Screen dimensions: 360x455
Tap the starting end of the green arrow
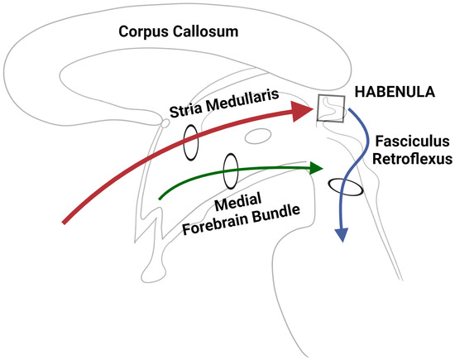click(x=160, y=198)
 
